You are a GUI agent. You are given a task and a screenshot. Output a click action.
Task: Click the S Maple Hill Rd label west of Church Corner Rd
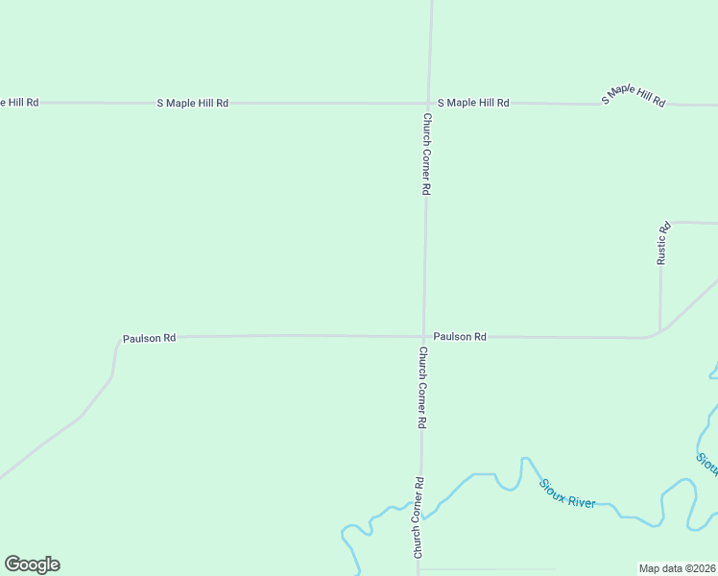tap(193, 103)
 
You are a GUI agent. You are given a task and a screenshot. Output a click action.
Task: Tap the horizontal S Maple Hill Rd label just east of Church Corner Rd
tap(473, 103)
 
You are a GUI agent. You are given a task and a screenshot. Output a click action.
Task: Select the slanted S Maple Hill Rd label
tap(633, 94)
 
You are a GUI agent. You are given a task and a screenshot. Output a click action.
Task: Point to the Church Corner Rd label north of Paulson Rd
tap(425, 155)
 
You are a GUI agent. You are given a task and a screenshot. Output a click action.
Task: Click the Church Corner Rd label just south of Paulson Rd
tap(421, 387)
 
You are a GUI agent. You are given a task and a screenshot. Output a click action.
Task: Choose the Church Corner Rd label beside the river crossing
tap(419, 518)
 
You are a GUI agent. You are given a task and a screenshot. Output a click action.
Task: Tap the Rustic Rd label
tap(662, 244)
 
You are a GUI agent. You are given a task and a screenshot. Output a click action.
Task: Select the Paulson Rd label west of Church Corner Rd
tap(149, 339)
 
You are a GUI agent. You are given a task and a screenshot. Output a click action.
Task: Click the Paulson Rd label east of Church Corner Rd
tap(460, 337)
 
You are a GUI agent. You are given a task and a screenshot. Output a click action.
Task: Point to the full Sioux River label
tap(567, 493)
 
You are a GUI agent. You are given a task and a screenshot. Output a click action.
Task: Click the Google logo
tap(32, 564)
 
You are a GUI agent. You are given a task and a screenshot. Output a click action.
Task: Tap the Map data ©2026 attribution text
tap(678, 568)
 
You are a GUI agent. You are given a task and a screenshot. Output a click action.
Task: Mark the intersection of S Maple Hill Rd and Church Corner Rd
tap(428, 103)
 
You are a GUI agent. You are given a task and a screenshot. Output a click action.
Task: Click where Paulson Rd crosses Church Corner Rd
tap(423, 337)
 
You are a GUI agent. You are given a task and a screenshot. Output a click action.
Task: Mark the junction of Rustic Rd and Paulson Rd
tap(659, 332)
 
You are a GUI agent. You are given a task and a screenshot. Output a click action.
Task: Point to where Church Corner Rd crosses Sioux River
tap(420, 506)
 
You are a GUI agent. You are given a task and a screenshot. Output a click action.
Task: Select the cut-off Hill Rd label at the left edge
tap(19, 102)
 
